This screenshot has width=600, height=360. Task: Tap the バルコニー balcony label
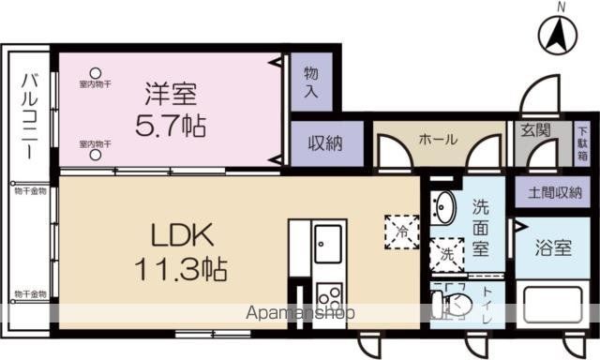29,121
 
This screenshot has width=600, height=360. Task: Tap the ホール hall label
438,140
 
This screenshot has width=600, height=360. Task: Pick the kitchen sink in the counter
328,247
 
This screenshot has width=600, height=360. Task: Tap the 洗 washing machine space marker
444,253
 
